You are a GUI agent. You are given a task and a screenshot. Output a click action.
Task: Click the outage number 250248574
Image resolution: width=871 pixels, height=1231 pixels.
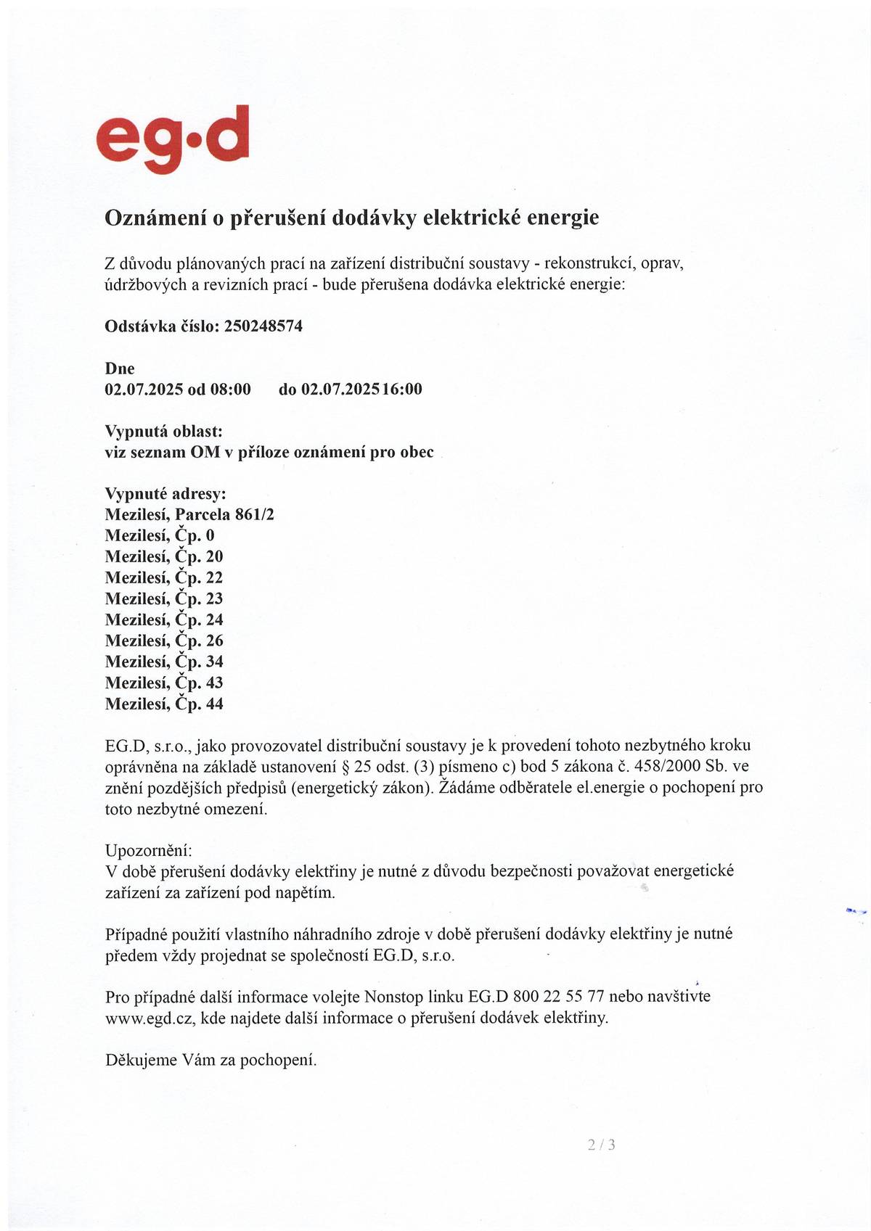coord(263,326)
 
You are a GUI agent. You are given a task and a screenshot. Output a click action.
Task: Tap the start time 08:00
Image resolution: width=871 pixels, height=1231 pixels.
coord(230,390)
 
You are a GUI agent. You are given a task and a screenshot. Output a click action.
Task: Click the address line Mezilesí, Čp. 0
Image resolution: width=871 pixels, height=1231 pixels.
coord(160,536)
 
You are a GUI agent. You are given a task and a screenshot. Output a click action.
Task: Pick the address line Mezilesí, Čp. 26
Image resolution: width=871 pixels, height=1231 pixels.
coord(164,641)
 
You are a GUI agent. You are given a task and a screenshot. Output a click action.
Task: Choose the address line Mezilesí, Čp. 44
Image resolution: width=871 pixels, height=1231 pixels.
coord(164,704)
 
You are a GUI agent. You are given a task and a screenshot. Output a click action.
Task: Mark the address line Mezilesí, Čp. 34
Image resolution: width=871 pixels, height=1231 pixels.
coord(164,662)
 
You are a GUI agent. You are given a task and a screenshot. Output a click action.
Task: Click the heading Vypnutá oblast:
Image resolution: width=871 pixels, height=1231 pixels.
coord(164,432)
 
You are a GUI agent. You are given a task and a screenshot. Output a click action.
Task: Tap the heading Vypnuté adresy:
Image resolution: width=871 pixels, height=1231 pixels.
coord(165,495)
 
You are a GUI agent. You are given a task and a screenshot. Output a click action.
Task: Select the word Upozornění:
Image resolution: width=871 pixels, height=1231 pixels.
coord(149,850)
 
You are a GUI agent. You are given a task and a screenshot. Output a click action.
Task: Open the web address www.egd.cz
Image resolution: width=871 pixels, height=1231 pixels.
coord(150,1018)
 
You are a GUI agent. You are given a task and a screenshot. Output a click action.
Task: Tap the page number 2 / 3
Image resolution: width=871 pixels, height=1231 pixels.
coord(602,1145)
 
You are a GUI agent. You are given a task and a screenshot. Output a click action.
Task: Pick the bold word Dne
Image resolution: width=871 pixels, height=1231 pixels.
coord(120,369)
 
